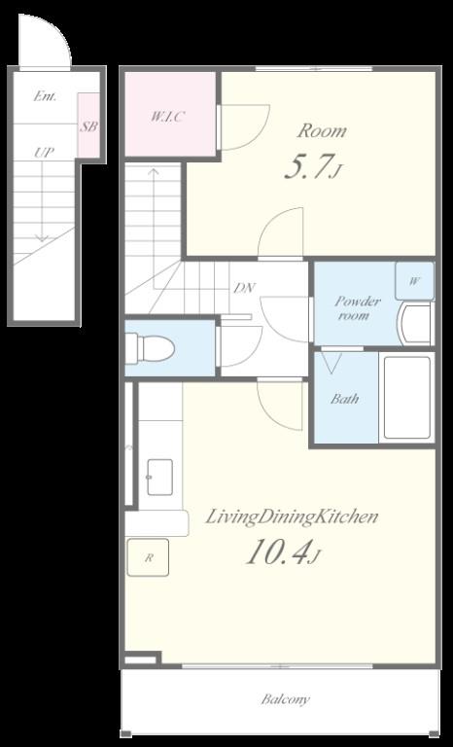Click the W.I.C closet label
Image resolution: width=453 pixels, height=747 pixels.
click(167, 117)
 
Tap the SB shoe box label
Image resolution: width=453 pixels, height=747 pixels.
click(89, 127)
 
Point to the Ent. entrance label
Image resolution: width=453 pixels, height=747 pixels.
click(46, 96)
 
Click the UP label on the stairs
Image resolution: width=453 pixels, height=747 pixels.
click(44, 153)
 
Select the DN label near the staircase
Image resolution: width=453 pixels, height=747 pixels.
click(244, 288)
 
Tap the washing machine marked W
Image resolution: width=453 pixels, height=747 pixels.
click(414, 280)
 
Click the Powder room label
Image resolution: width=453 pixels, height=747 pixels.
click(358, 307)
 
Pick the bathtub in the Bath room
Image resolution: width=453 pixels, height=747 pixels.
click(406, 397)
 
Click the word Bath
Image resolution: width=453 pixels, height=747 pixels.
click(344, 399)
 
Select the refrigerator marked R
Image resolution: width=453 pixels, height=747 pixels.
click(148, 557)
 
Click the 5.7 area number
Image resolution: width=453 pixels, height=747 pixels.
click(312, 167)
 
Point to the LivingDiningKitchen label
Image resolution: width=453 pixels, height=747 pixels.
click(292, 517)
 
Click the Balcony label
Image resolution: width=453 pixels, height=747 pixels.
click(286, 699)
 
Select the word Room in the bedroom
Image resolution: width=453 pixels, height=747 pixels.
click(322, 130)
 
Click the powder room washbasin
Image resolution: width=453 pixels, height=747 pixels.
click(414, 324)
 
